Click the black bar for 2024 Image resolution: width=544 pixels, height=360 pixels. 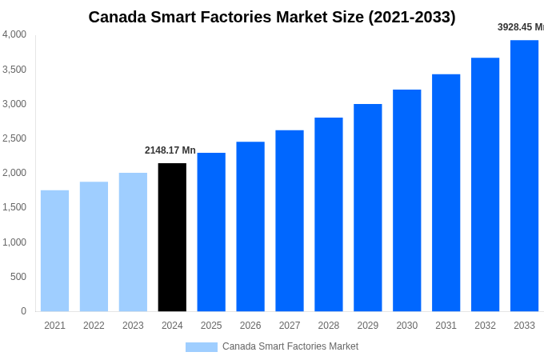click(172, 237)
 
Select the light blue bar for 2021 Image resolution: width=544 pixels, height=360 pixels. click(54, 250)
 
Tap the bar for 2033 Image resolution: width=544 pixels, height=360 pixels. click(524, 175)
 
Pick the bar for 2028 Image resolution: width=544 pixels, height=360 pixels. click(328, 214)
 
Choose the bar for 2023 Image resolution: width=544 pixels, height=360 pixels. click(133, 242)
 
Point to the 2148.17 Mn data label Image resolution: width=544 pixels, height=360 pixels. click(170, 150)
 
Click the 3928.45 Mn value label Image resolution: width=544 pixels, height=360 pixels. click(520, 27)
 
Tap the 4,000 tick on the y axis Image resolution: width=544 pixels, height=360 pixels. click(14, 34)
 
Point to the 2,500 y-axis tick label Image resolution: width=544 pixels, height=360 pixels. click(14, 138)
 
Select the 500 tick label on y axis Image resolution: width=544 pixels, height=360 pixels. click(18, 277)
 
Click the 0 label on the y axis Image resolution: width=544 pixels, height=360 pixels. click(23, 311)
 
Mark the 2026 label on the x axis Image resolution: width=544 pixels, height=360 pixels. click(250, 326)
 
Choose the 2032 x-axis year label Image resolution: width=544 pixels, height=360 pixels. click(485, 326)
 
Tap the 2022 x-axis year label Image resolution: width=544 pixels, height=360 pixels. click(94, 326)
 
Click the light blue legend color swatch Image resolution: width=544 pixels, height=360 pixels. click(201, 347)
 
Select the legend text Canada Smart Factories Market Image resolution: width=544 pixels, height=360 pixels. click(290, 346)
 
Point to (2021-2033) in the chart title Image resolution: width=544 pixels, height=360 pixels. click(411, 17)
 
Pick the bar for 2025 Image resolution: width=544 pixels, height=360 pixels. click(211, 232)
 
